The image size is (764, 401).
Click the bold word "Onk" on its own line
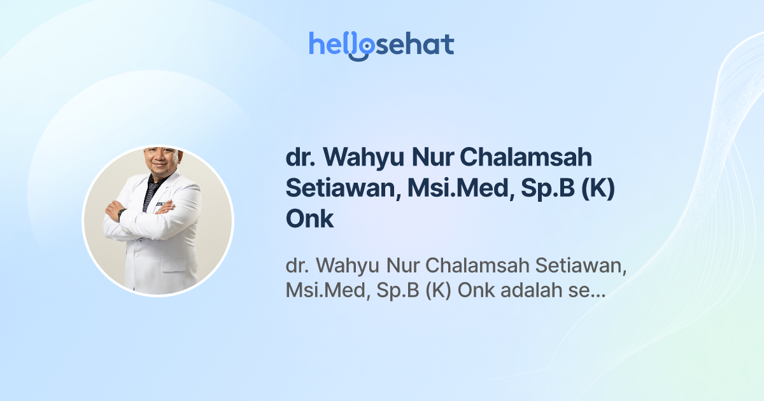point(309,218)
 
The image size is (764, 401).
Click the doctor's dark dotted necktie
point(150,191)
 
